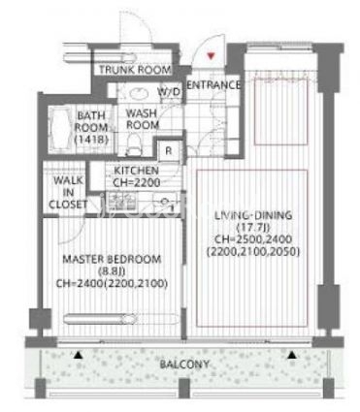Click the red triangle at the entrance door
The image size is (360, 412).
click(211, 56)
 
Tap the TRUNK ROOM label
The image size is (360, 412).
click(135, 70)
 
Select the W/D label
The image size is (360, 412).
click(169, 92)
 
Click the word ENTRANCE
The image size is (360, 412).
click(213, 85)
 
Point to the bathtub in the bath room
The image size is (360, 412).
click(61, 129)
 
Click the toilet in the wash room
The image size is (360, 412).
click(133, 145)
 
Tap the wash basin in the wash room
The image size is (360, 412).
click(140, 94)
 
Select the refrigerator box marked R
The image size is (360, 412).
click(169, 150)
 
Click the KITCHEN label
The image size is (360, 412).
click(136, 171)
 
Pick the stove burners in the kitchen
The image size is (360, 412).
click(121, 202)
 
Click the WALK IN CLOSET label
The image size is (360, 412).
click(68, 192)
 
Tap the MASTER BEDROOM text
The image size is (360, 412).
click(112, 259)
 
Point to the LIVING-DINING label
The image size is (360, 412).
click(253, 215)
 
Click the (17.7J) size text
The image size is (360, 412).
click(253, 227)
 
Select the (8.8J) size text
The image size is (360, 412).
click(112, 271)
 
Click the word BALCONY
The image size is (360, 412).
click(184, 364)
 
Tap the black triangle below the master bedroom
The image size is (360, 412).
click(78, 355)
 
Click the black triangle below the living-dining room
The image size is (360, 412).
click(292, 355)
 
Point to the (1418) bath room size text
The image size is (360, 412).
click(91, 140)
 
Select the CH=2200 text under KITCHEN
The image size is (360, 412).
click(136, 182)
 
